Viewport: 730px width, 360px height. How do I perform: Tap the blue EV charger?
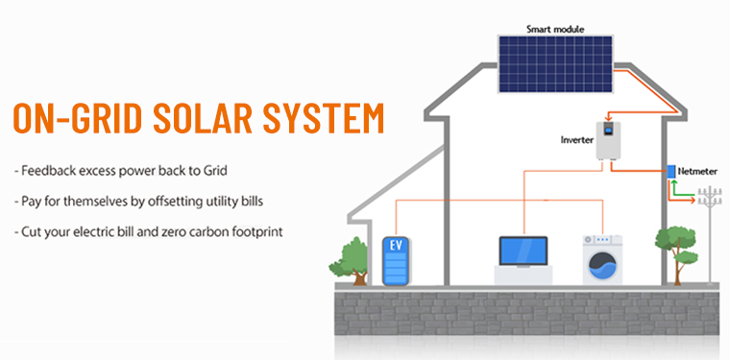396,260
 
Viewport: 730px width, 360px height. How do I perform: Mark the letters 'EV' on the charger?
396,246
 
